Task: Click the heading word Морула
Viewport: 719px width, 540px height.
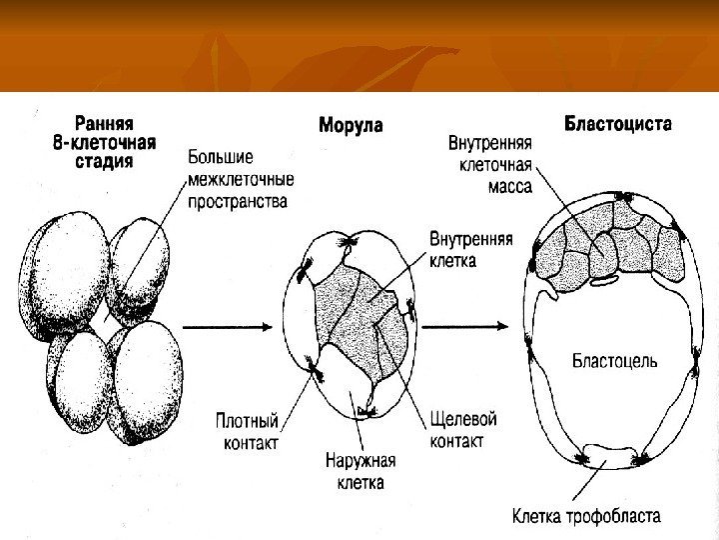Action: pyautogui.click(x=351, y=126)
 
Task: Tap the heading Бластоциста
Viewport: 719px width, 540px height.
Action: pyautogui.click(x=618, y=125)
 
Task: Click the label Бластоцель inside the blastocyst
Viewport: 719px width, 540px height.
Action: pyautogui.click(x=614, y=361)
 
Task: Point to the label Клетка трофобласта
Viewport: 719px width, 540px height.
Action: pyautogui.click(x=586, y=518)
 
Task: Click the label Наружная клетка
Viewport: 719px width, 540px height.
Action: pyautogui.click(x=361, y=472)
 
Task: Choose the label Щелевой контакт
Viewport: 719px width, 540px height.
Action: pyautogui.click(x=462, y=430)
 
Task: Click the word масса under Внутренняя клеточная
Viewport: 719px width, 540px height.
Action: pyautogui.click(x=509, y=186)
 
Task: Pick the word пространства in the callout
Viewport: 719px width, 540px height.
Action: pyautogui.click(x=238, y=201)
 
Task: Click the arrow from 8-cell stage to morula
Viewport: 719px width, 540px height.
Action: pyautogui.click(x=229, y=326)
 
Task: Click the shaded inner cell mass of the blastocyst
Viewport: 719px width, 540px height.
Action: pyautogui.click(x=609, y=250)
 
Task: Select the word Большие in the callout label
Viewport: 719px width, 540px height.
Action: pyautogui.click(x=221, y=159)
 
